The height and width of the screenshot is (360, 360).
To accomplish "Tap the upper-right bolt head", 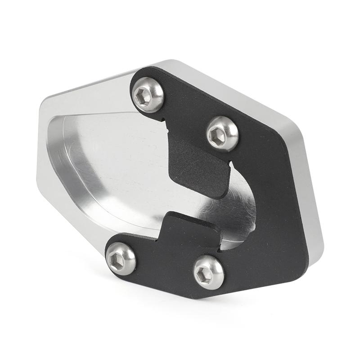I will [222, 133].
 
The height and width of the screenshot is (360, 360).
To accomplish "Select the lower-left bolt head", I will [121, 258].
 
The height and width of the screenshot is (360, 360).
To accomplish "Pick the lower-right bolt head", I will [208, 272].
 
